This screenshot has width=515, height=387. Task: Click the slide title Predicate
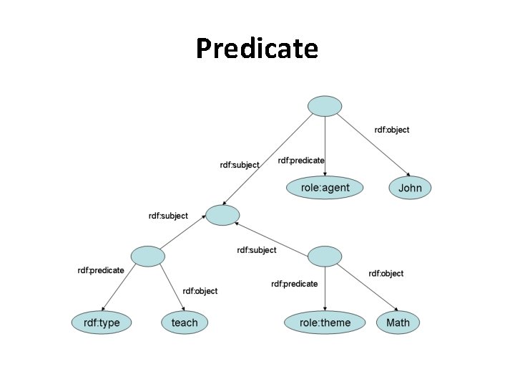click(257, 49)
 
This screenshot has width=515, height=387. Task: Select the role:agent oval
click(325, 188)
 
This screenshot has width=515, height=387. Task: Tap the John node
click(410, 188)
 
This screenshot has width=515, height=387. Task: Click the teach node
click(185, 322)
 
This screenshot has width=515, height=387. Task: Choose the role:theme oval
click(325, 322)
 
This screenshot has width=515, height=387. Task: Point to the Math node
click(398, 322)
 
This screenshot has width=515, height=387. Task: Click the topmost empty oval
click(325, 105)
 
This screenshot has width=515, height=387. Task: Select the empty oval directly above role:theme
click(325, 255)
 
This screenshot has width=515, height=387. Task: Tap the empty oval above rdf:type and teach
click(148, 256)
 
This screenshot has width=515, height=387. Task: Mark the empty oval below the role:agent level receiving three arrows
click(222, 214)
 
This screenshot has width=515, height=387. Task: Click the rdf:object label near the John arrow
click(392, 130)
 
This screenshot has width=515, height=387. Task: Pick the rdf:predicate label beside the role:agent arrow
click(301, 161)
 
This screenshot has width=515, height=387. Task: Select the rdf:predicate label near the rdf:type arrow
click(101, 270)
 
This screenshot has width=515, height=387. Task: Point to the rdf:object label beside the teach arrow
click(200, 291)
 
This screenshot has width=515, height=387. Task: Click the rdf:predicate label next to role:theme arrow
click(294, 284)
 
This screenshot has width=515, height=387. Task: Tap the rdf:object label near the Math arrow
click(386, 273)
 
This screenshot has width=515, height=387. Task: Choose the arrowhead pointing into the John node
click(407, 176)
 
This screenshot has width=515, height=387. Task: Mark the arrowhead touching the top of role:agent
click(325, 175)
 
